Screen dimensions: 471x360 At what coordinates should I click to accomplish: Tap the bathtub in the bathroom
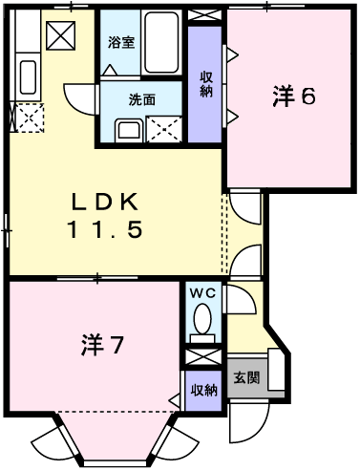click(x=164, y=44)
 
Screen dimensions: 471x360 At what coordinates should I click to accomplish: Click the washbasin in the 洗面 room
click(x=127, y=130)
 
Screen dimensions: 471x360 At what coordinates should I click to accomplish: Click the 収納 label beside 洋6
click(x=205, y=83)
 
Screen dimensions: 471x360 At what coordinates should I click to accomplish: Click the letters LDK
click(x=106, y=202)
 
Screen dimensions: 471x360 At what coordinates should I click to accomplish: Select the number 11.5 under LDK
click(x=106, y=230)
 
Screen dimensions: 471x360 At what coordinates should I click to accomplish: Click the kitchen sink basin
click(x=29, y=76)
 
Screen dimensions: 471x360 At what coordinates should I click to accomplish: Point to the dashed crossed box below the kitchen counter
click(x=30, y=118)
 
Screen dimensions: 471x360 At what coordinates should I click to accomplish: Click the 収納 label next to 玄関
click(x=202, y=390)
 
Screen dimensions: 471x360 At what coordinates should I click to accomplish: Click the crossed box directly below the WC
click(x=202, y=356)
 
